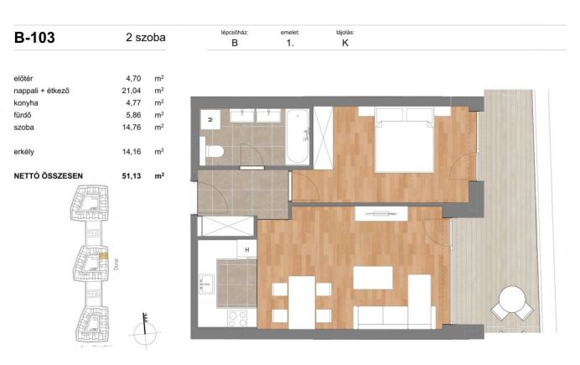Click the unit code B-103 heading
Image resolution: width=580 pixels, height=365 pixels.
34,38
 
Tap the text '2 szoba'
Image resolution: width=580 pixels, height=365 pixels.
145,38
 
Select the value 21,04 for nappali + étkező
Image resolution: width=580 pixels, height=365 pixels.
132,91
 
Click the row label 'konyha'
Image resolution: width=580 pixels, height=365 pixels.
26,103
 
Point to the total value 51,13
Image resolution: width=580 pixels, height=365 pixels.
132,176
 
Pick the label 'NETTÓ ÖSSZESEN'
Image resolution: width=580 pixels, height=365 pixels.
48,176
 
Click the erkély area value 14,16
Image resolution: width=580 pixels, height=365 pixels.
132,152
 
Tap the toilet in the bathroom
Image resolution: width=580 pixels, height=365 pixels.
211,151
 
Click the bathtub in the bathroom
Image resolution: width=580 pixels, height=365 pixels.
298,137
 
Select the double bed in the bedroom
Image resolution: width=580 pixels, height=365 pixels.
405,139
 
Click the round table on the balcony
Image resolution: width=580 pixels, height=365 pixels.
512,299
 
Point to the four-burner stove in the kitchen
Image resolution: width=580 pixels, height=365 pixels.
237,319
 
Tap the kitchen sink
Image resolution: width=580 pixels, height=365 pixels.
206,284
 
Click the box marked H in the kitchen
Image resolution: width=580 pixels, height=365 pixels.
246,249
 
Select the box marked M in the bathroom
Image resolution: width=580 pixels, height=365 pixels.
210,119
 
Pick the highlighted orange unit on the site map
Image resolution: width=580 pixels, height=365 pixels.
104,255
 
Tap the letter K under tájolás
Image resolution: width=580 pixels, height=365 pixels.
345,43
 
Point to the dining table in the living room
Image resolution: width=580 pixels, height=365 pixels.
302,302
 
